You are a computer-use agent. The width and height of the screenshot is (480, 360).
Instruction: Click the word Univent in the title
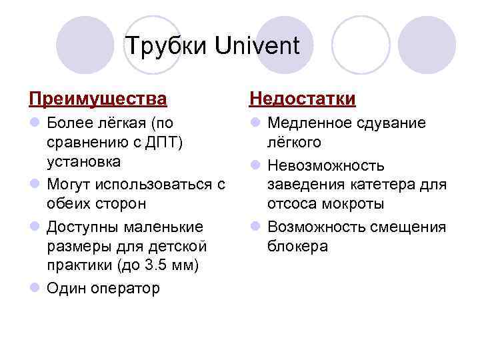[258, 46]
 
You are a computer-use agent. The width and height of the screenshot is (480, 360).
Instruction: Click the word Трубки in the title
[167, 46]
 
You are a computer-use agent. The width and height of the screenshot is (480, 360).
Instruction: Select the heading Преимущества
[98, 99]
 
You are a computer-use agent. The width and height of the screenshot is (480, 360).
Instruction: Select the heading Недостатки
[303, 99]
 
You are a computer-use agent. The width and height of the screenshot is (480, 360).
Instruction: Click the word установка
[83, 162]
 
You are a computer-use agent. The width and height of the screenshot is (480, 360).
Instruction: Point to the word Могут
[69, 184]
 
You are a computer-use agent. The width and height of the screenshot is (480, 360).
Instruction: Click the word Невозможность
[325, 165]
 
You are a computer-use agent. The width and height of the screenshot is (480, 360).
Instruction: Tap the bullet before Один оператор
[34, 288]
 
